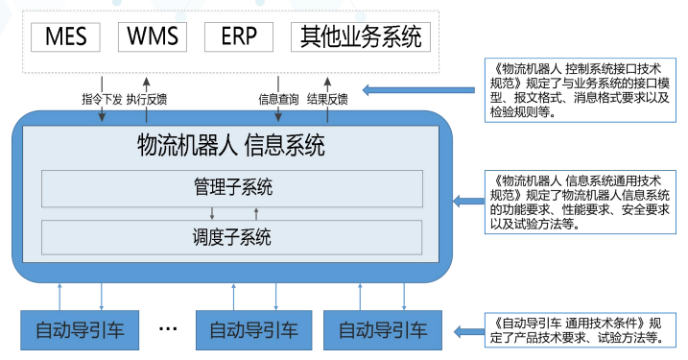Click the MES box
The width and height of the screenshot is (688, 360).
coord(66,36)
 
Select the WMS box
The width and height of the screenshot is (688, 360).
coord(153,36)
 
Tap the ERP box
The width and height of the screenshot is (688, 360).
coord(239,36)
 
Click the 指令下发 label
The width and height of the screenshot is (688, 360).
coord(101,98)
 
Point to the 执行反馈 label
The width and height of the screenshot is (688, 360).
coord(146,98)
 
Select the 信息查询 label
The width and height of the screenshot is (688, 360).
coord(278,98)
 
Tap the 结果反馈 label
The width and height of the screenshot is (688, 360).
coord(327,98)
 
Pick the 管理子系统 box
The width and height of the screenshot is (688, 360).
coord(231,186)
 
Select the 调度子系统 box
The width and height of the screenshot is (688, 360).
coord(231,236)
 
